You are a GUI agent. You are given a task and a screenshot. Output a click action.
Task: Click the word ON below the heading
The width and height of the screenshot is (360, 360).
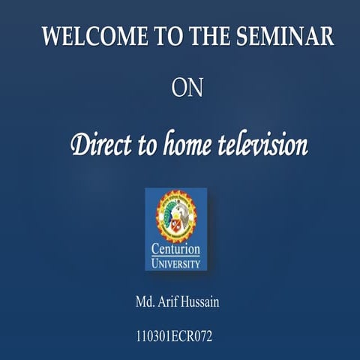187,88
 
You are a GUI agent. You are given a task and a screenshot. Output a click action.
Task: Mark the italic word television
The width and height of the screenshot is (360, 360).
265,142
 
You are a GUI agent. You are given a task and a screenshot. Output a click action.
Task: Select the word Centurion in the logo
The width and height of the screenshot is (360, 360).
175,249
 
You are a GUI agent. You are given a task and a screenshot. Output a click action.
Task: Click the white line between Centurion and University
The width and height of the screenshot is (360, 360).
175,256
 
